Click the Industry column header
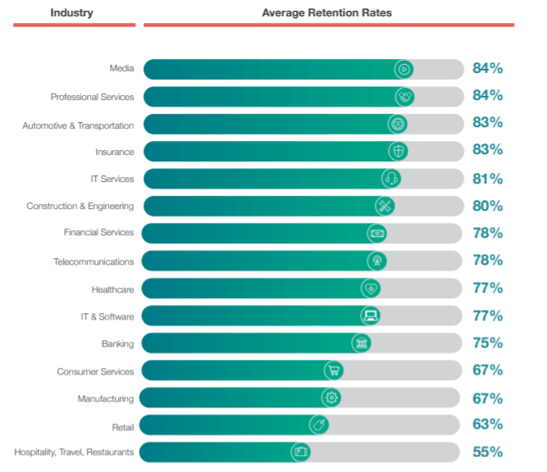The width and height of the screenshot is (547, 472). tap(71, 13)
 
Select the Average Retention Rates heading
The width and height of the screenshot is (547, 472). tap(326, 13)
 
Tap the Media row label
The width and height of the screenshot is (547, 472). tap(121, 69)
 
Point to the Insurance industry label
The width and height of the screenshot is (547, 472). tap(114, 152)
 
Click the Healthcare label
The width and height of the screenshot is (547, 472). tap(112, 289)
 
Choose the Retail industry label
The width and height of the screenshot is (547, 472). tap(121, 426)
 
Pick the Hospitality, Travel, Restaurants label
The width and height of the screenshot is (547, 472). tap(74, 452)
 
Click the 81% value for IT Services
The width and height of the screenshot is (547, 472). tap(487, 179)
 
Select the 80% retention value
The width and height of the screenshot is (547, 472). tap(487, 206)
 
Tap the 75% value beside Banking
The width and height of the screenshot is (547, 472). tap(487, 343)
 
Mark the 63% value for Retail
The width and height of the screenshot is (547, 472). tap(487, 424)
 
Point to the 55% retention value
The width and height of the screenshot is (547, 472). tap(487, 452)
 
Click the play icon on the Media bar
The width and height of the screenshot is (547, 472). tap(403, 69)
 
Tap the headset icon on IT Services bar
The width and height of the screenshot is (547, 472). tap(391, 179)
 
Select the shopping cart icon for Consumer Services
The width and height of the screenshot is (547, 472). tap(333, 370)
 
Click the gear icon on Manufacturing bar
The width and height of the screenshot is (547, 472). tap(330, 397)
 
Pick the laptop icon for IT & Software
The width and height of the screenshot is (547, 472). tap(370, 315)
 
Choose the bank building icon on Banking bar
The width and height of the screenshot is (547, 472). tap(361, 343)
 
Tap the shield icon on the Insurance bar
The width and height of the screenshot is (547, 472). tap(398, 151)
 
